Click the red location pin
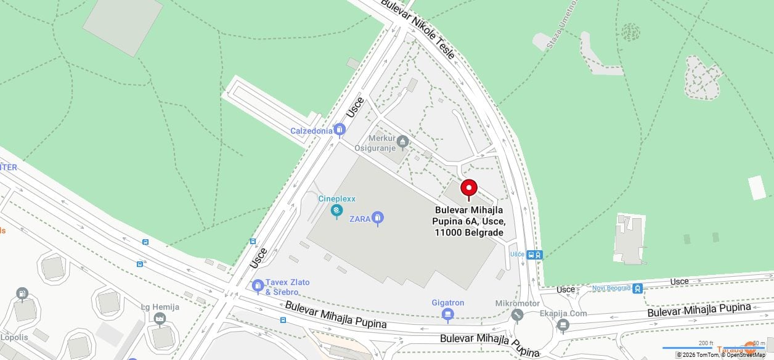(469, 189)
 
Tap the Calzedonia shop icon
(339, 130)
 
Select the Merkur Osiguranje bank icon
(402, 142)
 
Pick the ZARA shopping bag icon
(377, 218)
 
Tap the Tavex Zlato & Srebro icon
(258, 286)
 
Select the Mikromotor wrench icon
(517, 315)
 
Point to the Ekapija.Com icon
(563, 324)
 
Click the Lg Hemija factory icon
(160, 319)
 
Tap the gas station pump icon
(22, 293)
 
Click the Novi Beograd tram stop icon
(637, 288)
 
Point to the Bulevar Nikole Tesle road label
(417, 29)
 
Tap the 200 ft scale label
(706, 343)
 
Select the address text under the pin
(470, 221)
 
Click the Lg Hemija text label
(160, 307)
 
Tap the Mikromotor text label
(517, 303)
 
